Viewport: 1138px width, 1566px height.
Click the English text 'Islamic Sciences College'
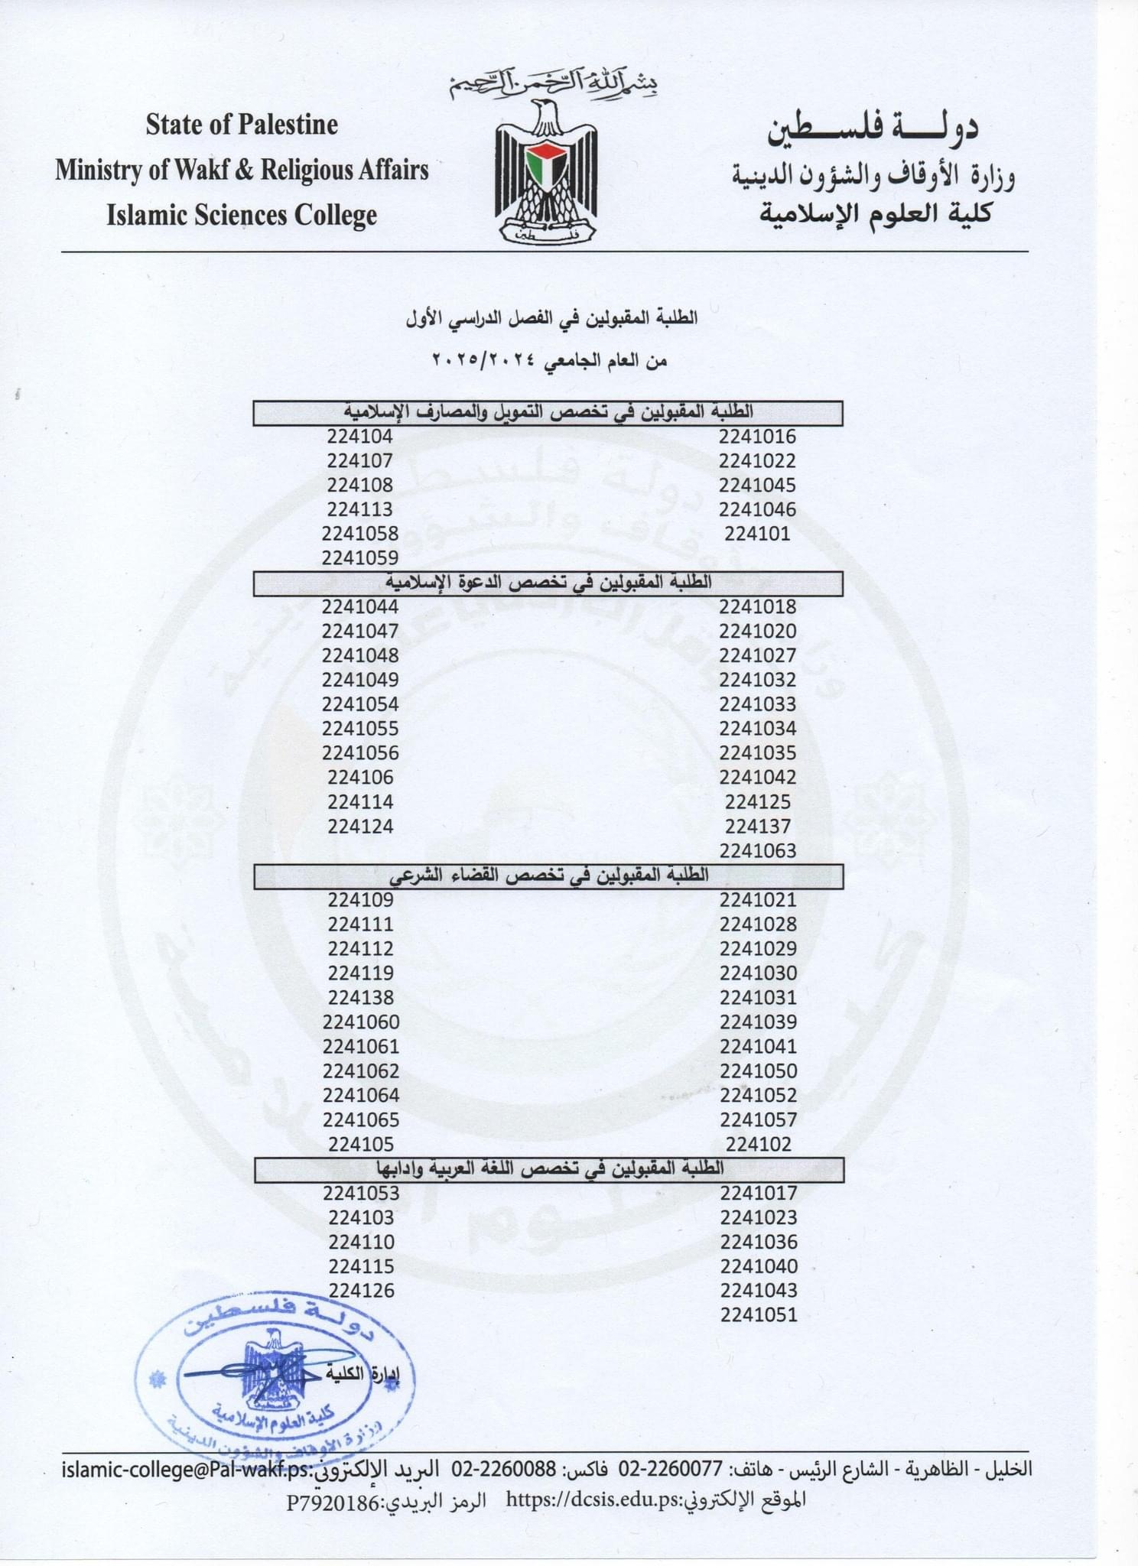[242, 216]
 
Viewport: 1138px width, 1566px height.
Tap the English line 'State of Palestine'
[242, 125]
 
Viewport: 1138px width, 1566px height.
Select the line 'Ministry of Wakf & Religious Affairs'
[242, 170]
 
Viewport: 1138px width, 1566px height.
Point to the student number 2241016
[757, 437]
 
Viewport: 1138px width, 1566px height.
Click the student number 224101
[757, 534]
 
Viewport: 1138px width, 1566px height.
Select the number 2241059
[360, 558]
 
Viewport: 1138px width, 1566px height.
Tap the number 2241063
[757, 851]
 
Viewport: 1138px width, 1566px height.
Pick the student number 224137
[757, 827]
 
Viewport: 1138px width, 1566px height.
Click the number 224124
[360, 827]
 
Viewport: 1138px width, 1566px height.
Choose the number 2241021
[757, 900]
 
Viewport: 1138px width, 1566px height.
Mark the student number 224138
[360, 998]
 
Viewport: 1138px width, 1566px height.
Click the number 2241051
[758, 1315]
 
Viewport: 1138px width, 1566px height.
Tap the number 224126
[361, 1291]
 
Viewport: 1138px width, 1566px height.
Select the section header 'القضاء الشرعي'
[549, 876]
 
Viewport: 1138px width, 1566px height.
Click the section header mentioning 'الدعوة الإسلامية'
[549, 583]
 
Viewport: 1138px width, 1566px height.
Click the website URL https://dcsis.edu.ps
[593, 1500]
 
